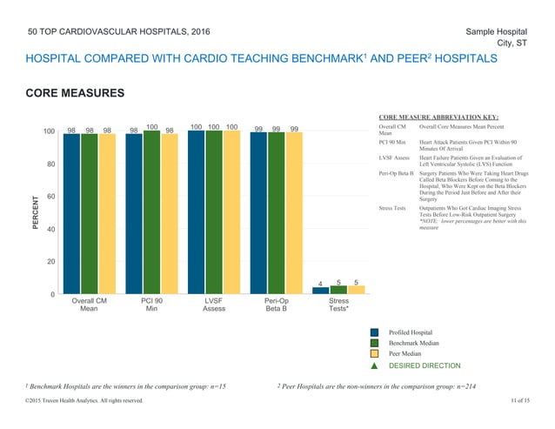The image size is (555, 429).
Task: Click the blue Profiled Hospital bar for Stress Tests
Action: pyautogui.click(x=321, y=291)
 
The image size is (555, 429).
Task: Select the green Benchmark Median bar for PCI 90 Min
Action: pyautogui.click(x=151, y=213)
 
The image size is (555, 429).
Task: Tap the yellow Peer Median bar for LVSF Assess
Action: pyautogui.click(x=231, y=214)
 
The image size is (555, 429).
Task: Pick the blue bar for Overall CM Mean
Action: pyautogui.click(x=71, y=214)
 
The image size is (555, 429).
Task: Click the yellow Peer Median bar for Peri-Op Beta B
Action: pyautogui.click(x=294, y=215)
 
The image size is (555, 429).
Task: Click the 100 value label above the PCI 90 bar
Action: pyautogui.click(x=151, y=126)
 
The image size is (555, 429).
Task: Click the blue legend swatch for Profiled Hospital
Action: pyautogui.click(x=374, y=332)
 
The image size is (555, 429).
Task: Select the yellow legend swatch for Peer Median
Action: pyautogui.click(x=374, y=355)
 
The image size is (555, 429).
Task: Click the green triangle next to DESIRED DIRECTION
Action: pyautogui.click(x=374, y=367)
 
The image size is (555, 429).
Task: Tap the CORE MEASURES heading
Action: pyautogui.click(x=76, y=93)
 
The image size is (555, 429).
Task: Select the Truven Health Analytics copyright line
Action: pyautogui.click(x=80, y=399)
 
